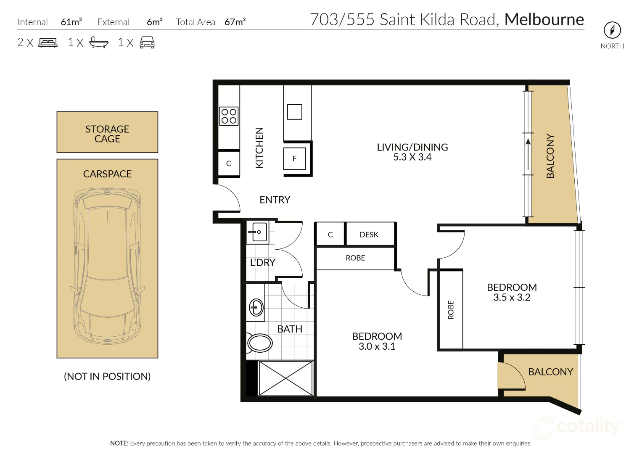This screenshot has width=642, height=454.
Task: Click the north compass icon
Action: coord(612,30)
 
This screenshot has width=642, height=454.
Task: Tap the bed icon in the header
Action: coord(48,42)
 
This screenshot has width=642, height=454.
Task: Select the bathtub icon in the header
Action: coord(99,42)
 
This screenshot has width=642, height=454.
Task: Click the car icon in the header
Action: coord(147,42)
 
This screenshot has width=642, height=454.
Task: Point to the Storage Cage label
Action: coord(107,134)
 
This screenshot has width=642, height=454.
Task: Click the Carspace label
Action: coord(107,174)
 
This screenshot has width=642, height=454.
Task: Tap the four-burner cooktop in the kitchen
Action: coord(229,116)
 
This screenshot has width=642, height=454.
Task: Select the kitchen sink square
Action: coord(294,112)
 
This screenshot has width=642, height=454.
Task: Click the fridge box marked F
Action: coord(294,158)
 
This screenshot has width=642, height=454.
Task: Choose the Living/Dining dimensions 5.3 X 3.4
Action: coord(412,157)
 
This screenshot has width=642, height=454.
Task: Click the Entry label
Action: coord(275,200)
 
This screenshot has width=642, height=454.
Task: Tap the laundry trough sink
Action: coord(258,232)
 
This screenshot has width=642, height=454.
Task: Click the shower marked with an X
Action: coord(285,378)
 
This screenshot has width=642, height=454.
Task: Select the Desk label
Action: coord(369,235)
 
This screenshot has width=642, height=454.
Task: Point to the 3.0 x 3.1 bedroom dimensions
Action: coord(377,346)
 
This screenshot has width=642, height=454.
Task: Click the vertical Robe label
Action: coord(451,309)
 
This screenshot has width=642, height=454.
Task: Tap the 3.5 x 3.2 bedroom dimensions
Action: coord(512,298)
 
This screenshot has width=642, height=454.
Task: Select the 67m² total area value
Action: coord(235,22)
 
